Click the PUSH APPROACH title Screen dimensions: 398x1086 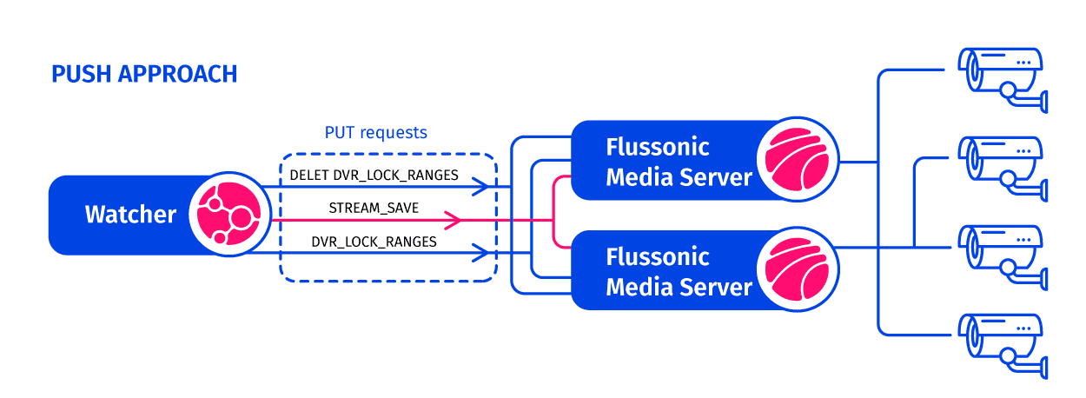[x=144, y=74]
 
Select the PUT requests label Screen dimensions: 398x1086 [x=375, y=133]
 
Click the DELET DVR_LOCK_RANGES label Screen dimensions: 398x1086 [x=374, y=175]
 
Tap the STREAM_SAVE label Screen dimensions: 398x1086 [x=374, y=209]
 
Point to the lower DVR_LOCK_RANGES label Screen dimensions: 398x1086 [x=374, y=242]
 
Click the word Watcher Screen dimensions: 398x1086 [x=130, y=215]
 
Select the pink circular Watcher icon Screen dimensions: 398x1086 [x=222, y=215]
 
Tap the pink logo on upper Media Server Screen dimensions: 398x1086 [x=796, y=159]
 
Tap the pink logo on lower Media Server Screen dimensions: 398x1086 [x=796, y=269]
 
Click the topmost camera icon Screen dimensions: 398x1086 [x=1003, y=76]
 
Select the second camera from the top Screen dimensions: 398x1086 [x=1003, y=165]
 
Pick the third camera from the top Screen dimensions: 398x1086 [x=1003, y=252]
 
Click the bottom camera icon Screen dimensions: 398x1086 [x=1003, y=342]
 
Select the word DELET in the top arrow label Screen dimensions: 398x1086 [x=309, y=175]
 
